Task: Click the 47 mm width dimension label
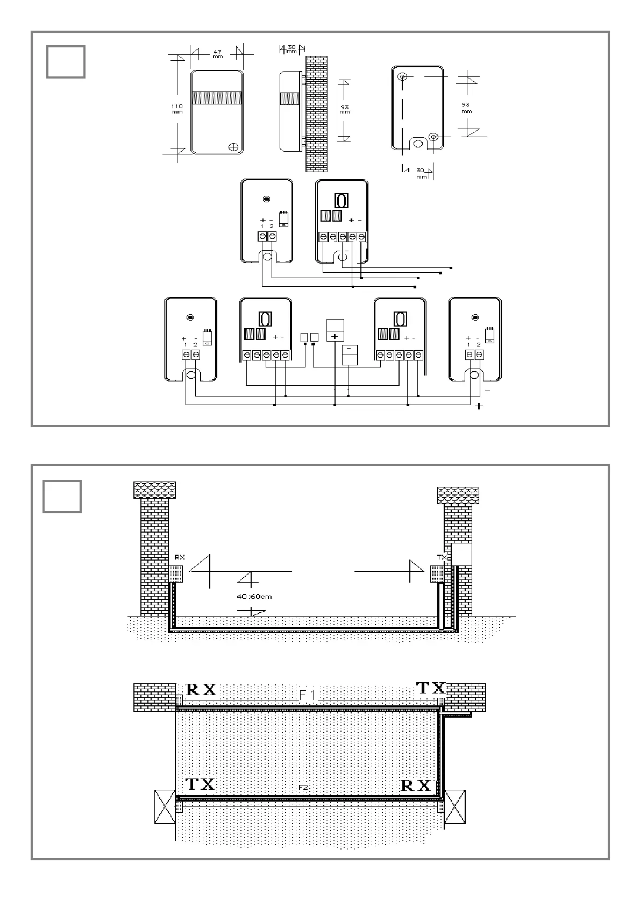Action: [x=217, y=54]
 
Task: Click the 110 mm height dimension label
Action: [x=177, y=109]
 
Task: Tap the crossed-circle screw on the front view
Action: [x=233, y=146]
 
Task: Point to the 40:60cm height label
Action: [x=254, y=596]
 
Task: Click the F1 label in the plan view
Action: [x=308, y=696]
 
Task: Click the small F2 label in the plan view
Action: [x=303, y=787]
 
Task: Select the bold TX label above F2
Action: [x=200, y=784]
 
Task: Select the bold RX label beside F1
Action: [x=201, y=690]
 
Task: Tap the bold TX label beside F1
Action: [x=431, y=688]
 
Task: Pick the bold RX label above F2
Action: [x=416, y=785]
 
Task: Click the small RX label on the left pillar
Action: [x=179, y=557]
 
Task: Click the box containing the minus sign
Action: [x=350, y=355]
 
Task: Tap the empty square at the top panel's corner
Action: [x=66, y=62]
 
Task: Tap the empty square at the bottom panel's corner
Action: [x=62, y=496]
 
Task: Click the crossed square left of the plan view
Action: [x=165, y=806]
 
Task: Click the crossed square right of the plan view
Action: [x=454, y=806]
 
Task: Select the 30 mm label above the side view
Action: [x=291, y=49]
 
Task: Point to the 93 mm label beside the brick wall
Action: [x=345, y=110]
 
